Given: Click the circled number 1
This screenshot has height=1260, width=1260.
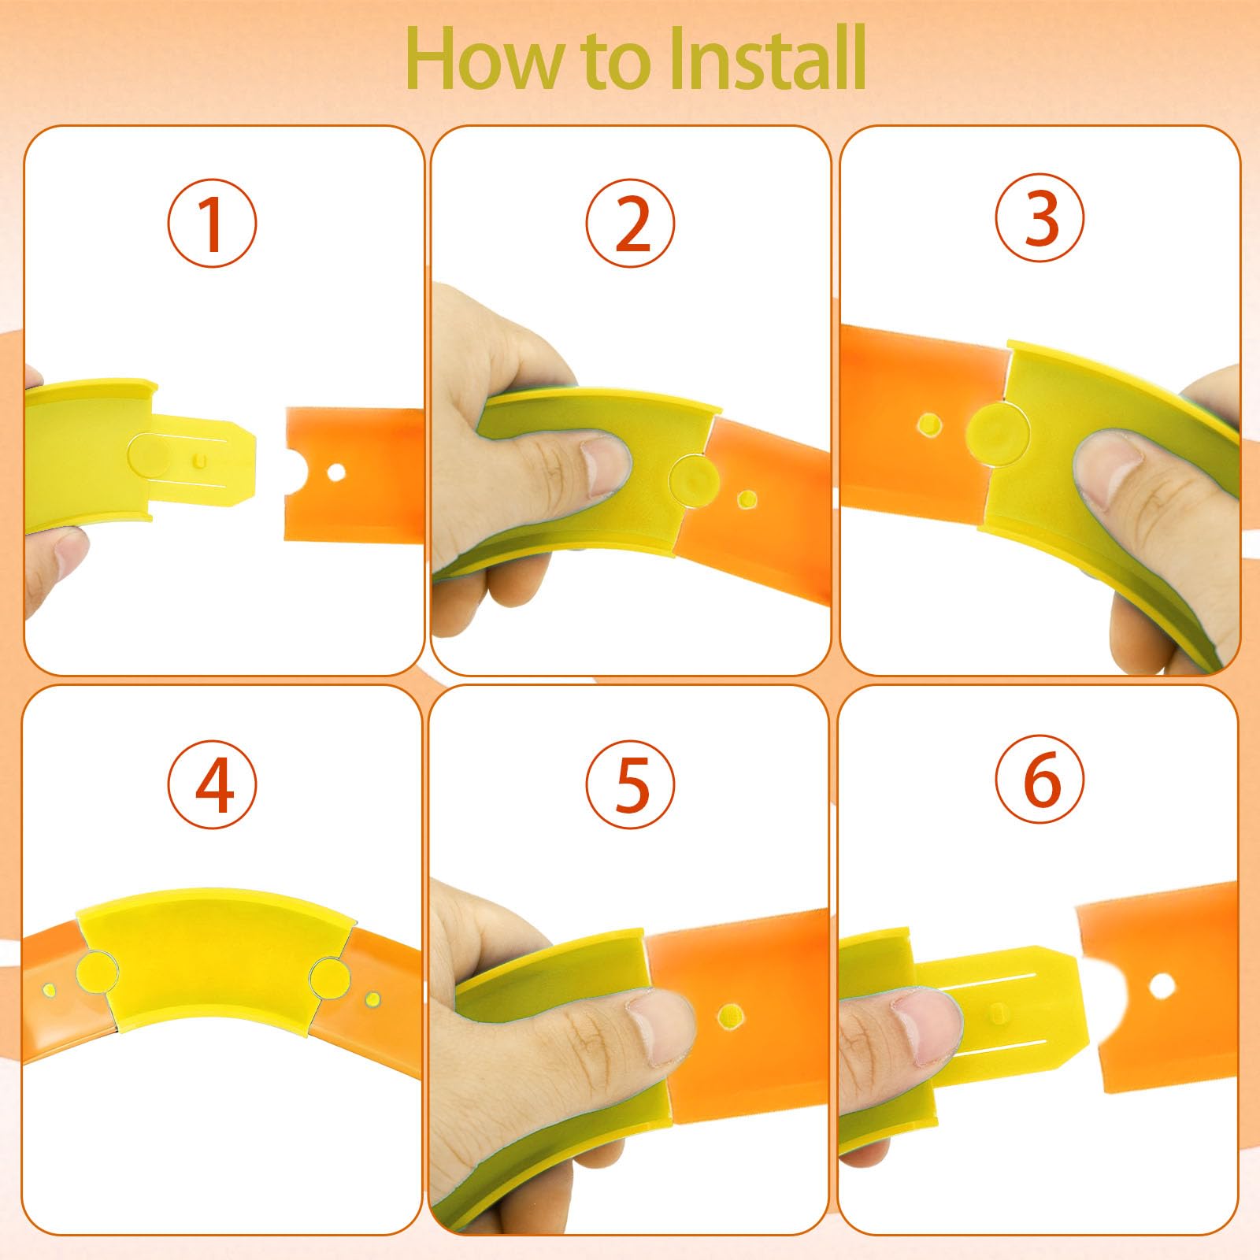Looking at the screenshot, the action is coord(212,224).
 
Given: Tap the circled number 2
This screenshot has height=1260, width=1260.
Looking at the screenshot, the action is coord(630,224).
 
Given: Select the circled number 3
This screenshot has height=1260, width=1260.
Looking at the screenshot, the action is coord(1039,218).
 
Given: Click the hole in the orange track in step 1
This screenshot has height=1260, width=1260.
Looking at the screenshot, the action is coord(336,473).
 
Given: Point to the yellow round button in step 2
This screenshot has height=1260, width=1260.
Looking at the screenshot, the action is coord(691,476).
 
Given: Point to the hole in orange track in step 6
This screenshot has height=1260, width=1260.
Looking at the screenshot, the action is coord(1161,984).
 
